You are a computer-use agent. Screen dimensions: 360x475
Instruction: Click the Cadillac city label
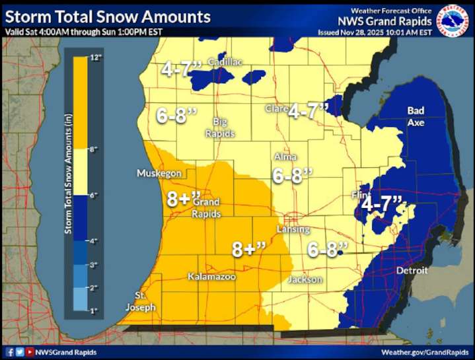(225, 61)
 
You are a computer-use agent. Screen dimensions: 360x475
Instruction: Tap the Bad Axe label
(416, 116)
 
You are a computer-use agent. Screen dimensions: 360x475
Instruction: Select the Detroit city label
(412, 271)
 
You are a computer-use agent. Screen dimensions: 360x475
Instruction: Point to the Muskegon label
(159, 173)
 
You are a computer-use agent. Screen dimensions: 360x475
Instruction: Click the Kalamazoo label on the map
(211, 276)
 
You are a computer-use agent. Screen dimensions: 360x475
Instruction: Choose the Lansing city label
(294, 229)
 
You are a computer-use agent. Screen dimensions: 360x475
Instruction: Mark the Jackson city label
(305, 279)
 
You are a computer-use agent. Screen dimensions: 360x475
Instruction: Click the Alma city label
(285, 157)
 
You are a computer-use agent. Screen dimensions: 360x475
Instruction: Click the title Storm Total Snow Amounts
(108, 17)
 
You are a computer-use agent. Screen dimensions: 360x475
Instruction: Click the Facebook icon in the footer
(11, 353)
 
